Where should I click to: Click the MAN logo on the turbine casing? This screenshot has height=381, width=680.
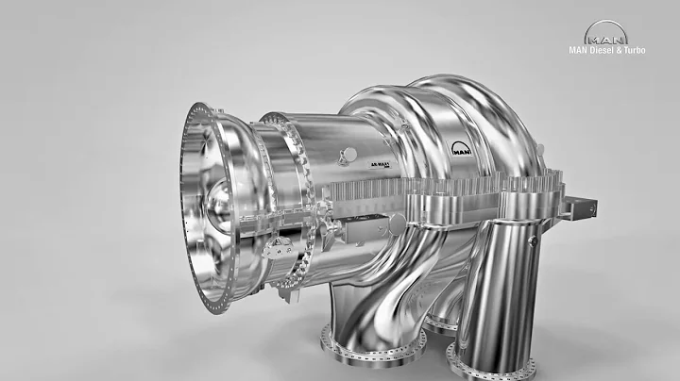[463, 148]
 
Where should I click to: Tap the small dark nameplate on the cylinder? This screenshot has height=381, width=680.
[381, 164]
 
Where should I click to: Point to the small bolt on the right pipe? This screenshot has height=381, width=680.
[532, 241]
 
